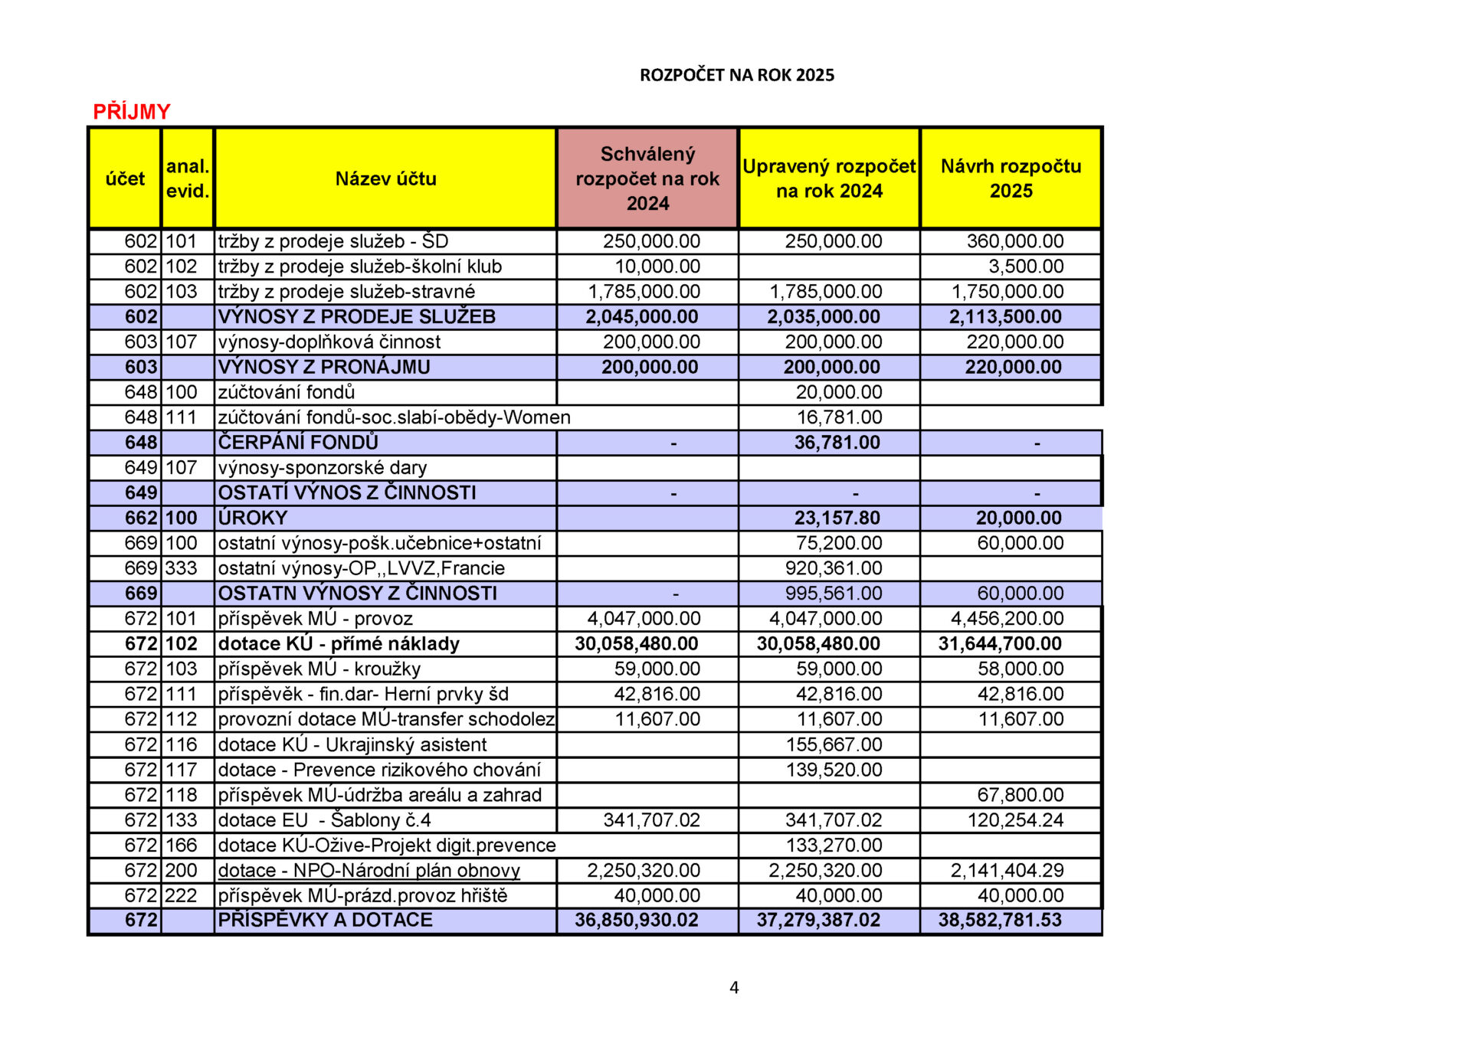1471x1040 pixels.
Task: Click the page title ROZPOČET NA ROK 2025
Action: click(x=736, y=75)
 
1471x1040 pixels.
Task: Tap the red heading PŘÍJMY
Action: click(x=132, y=112)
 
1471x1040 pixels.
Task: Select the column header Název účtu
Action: click(x=385, y=178)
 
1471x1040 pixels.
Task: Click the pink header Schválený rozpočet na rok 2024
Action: click(x=647, y=178)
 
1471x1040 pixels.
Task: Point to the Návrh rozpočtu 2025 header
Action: click(x=1011, y=178)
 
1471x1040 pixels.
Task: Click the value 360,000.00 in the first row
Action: click(x=1014, y=241)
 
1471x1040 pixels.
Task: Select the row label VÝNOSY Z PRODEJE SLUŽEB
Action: click(x=356, y=317)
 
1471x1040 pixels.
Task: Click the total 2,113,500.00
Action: click(x=1005, y=317)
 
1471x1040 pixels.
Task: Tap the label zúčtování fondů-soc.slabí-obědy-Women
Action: click(x=394, y=417)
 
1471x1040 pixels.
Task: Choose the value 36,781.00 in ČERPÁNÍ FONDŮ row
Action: click(x=837, y=443)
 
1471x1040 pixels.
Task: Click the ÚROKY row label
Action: click(x=252, y=518)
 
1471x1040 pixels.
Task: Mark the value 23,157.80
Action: click(x=837, y=518)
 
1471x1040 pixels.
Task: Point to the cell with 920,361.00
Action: click(x=834, y=568)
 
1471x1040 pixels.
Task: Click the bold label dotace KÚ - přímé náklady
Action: click(x=338, y=644)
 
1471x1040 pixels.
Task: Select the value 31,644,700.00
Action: click(x=1000, y=644)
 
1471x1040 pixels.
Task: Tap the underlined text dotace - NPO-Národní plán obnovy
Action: click(x=369, y=871)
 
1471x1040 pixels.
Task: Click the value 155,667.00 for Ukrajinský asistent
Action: click(x=834, y=744)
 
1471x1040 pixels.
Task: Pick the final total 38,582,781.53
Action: click(x=1000, y=921)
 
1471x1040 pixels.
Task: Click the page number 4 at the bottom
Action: click(x=734, y=988)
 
